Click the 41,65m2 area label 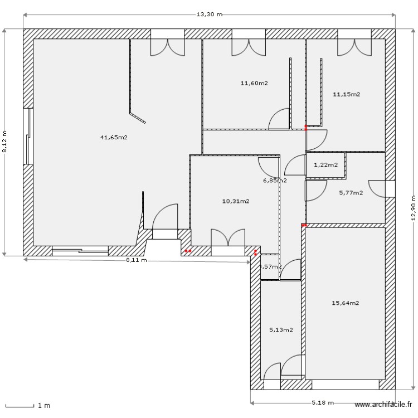click(114, 137)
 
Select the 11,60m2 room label click(254, 83)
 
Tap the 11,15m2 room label click(346, 94)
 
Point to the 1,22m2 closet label click(325, 164)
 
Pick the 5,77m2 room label click(351, 193)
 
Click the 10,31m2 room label click(235, 201)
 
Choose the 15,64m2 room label click(346, 303)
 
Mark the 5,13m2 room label click(281, 329)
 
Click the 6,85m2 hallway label click(275, 180)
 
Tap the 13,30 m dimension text click(210, 14)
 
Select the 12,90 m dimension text click(413, 208)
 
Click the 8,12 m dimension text click(4, 142)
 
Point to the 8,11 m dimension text click(136, 260)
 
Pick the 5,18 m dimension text click(323, 402)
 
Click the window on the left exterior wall click(27, 136)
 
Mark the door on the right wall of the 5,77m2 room click(384, 188)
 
